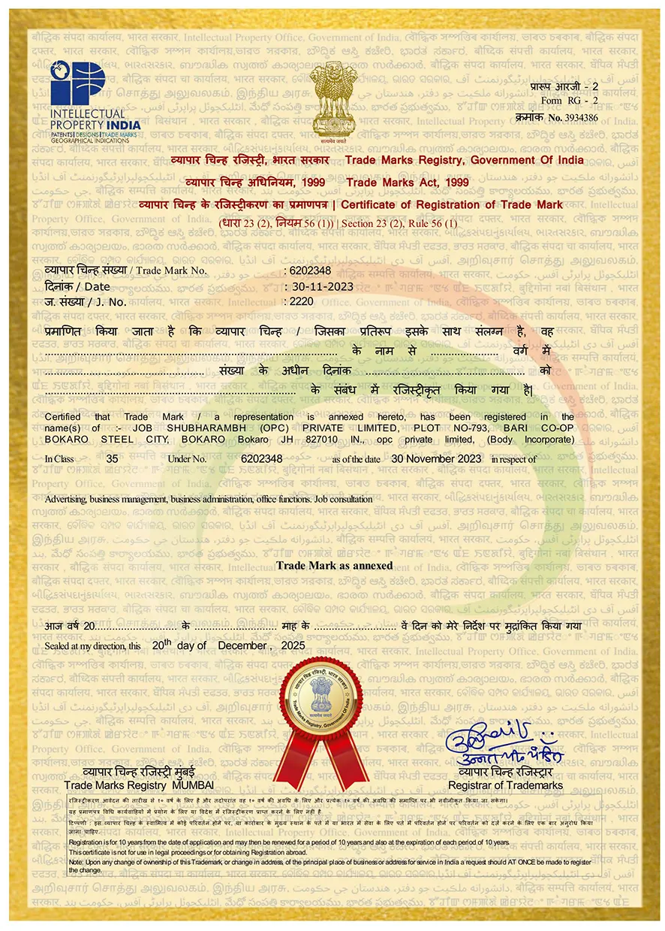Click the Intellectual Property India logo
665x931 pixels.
pos(83,98)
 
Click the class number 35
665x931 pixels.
pos(113,458)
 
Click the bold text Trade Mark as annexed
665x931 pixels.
pos(334,565)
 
